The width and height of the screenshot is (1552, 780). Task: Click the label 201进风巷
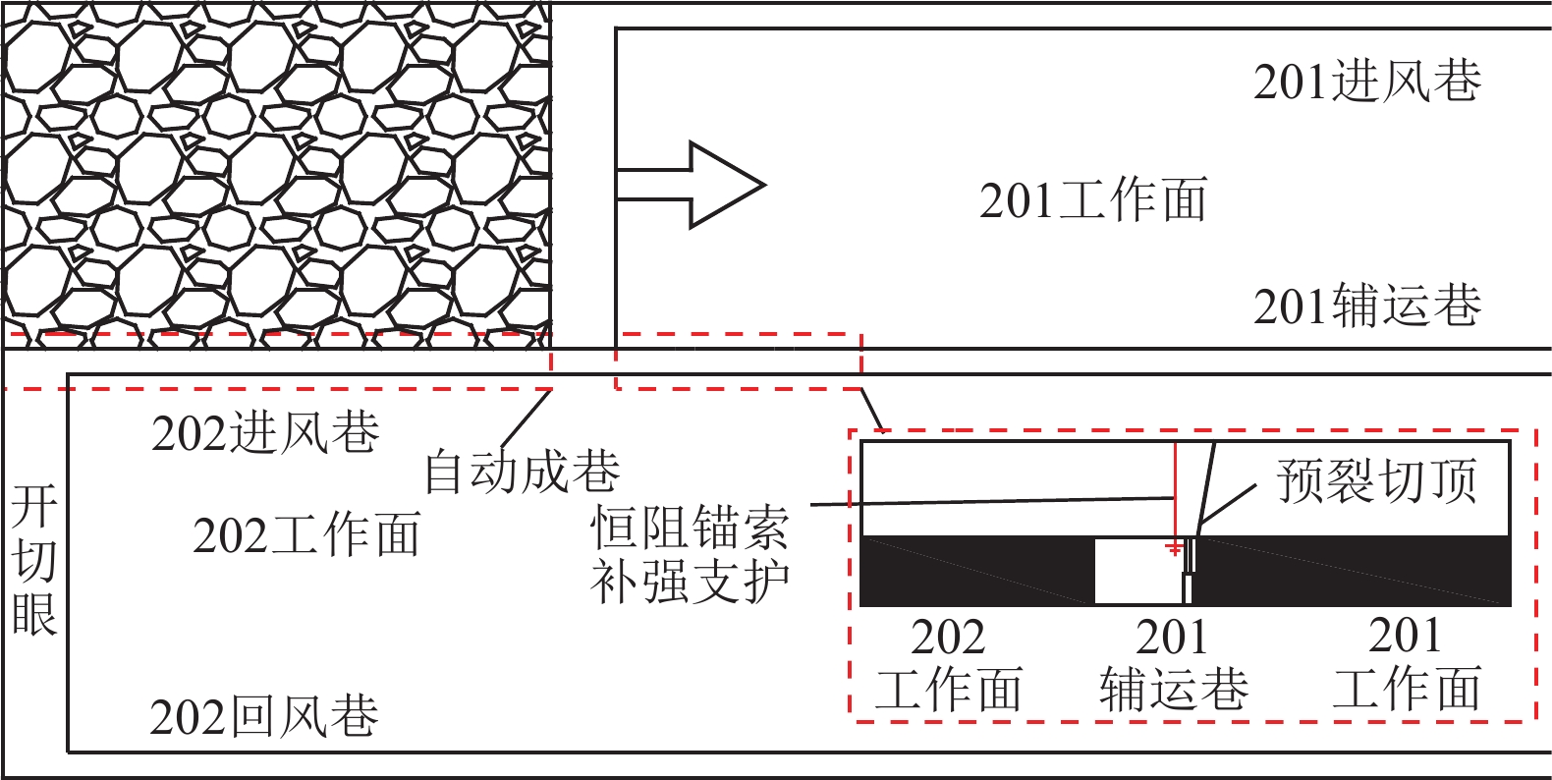(1366, 82)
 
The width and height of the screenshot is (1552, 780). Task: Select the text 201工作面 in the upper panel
(1092, 200)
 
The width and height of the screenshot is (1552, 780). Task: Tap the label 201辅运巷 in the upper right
(1366, 306)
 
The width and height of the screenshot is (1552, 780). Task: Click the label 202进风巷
(265, 432)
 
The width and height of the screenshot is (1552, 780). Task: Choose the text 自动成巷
(522, 473)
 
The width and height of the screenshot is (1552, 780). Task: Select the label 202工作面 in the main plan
(306, 535)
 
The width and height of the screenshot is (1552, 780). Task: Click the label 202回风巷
(264, 716)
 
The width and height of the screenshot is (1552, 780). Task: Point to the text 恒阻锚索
(690, 528)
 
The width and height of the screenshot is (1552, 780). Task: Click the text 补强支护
(690, 582)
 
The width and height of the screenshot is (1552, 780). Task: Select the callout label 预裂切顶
(1376, 481)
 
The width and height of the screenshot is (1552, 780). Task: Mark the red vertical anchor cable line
(1175, 491)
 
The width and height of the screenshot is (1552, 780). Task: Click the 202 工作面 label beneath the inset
(949, 663)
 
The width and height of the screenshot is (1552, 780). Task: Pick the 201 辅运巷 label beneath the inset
(1173, 663)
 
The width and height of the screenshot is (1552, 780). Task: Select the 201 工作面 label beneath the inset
(1406, 663)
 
